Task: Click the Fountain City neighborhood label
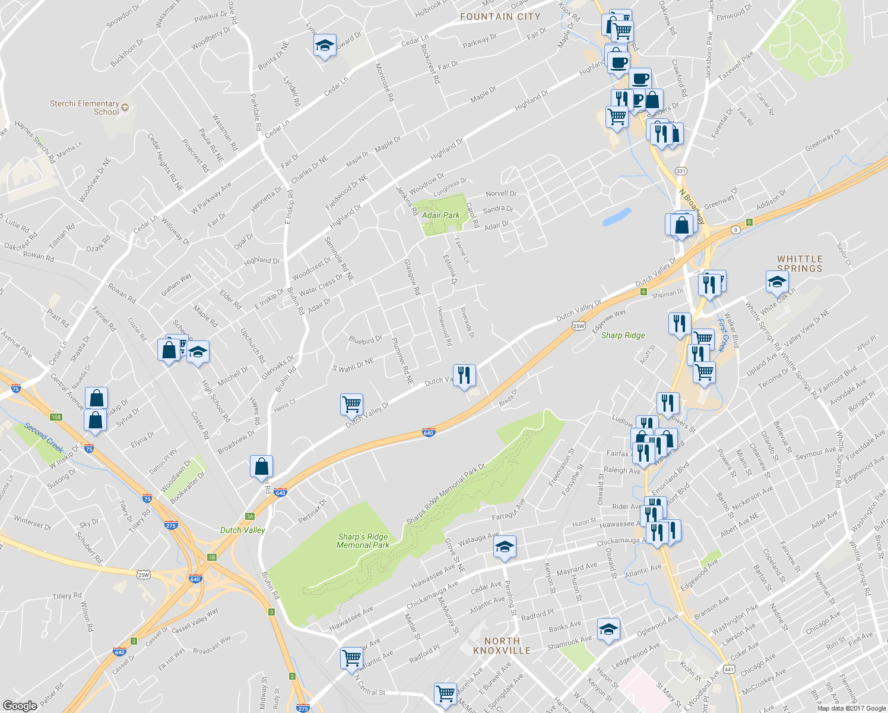tap(500, 17)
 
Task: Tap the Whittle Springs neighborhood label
tap(800, 263)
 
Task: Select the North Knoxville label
tap(502, 645)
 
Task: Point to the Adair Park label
tap(440, 215)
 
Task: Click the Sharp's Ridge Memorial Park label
tap(363, 541)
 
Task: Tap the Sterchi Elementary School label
tap(84, 108)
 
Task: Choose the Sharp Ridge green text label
tap(623, 336)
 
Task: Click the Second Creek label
tap(44, 437)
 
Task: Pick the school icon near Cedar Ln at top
tap(325, 46)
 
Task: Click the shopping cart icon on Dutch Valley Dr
tap(352, 404)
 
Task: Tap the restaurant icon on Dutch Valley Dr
tap(464, 375)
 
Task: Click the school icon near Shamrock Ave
tap(608, 629)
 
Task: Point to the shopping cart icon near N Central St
tap(352, 657)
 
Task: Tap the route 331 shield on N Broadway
tap(681, 171)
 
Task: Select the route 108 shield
tap(56, 417)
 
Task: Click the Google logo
tap(20, 706)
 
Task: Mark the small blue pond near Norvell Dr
tap(616, 217)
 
